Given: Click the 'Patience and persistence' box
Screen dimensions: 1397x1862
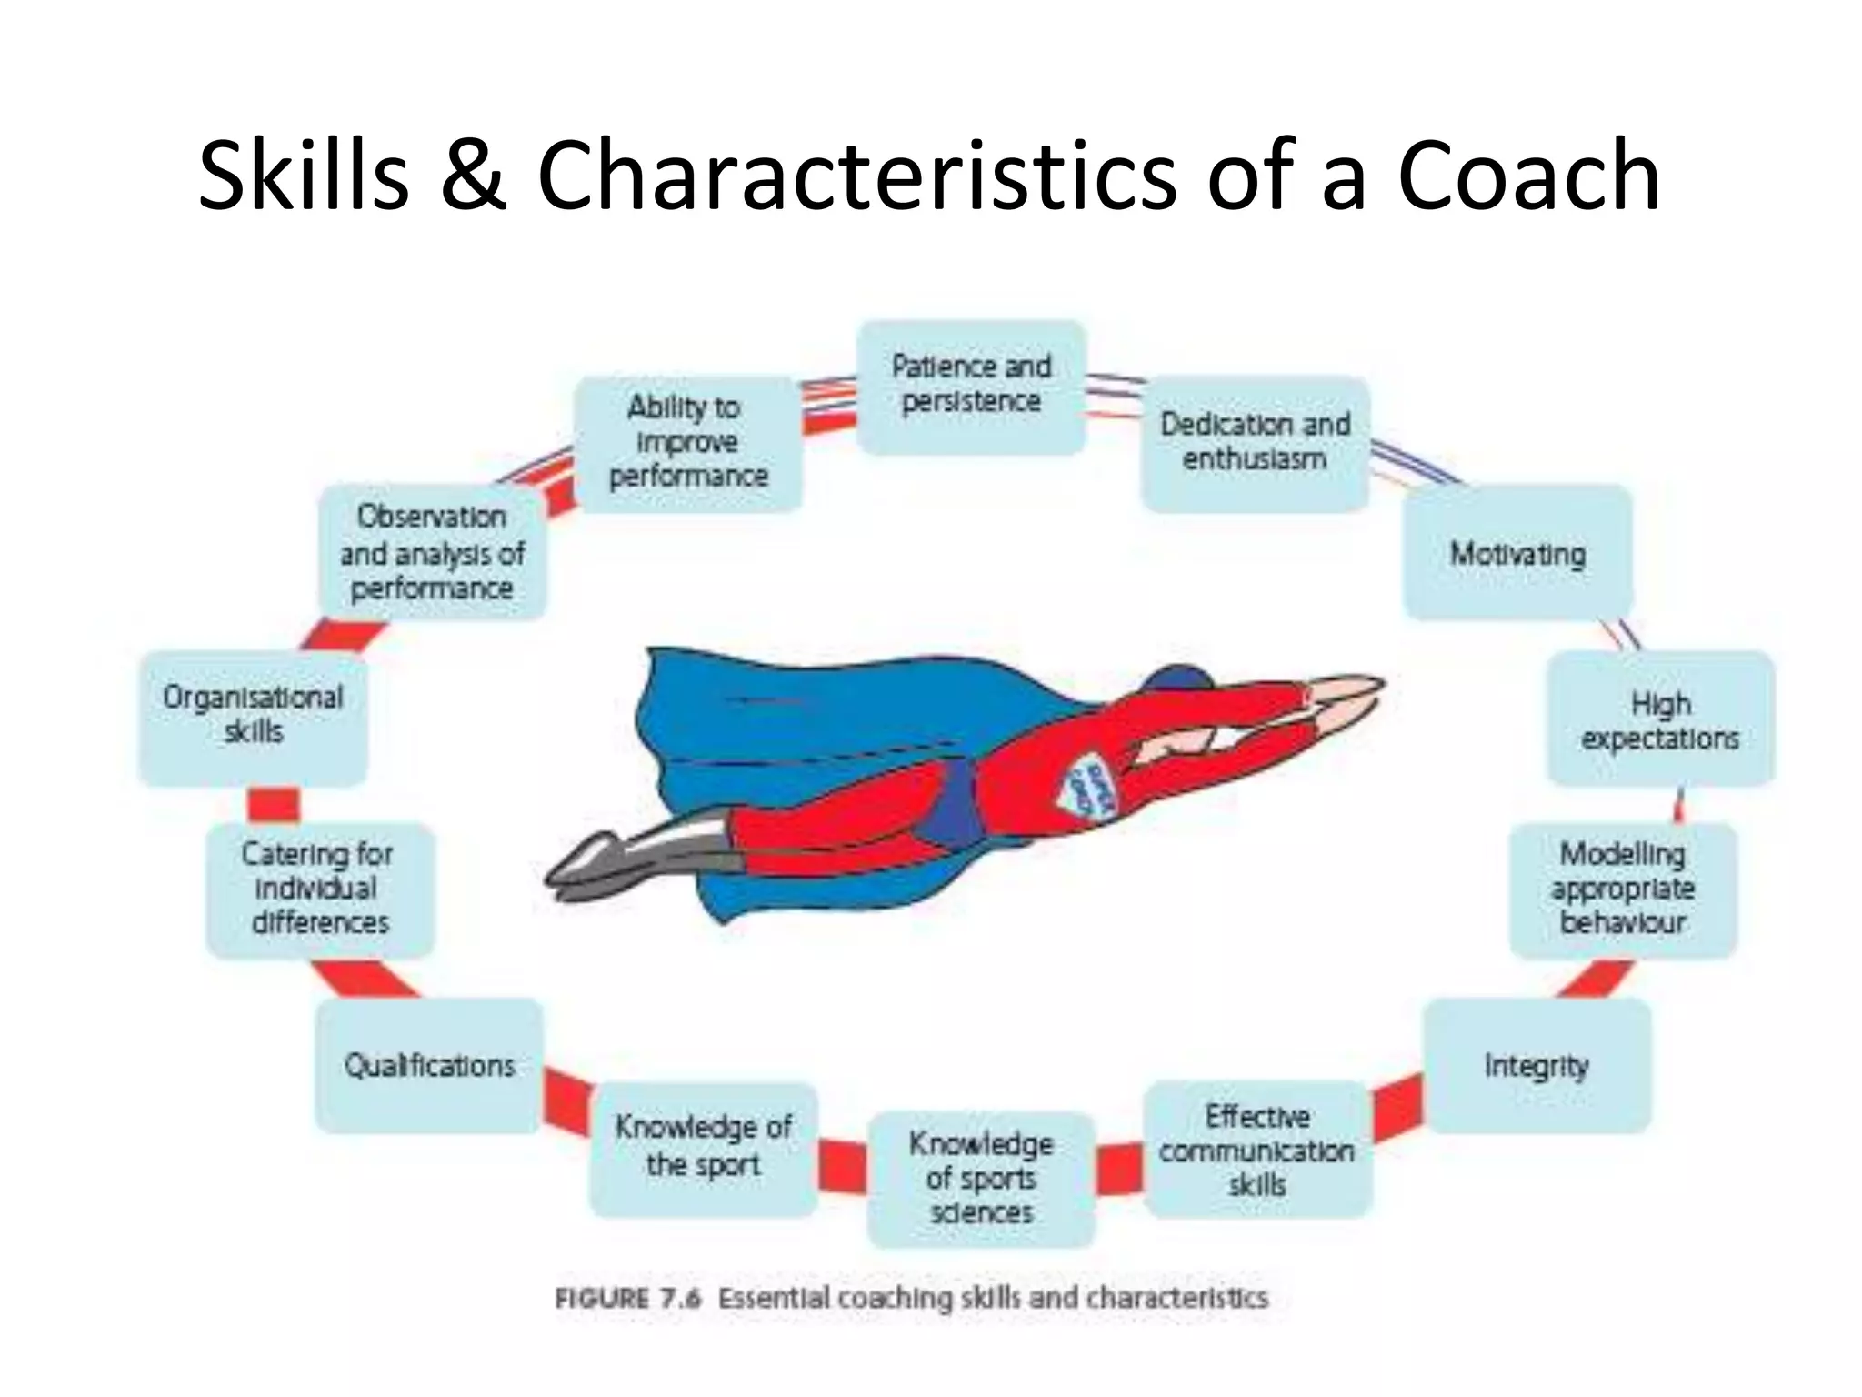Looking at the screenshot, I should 971,386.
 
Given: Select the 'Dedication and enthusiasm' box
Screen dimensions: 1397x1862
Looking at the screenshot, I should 1255,443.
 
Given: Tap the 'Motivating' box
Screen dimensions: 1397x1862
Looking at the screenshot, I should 1517,553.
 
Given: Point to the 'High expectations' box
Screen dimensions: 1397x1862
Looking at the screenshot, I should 1660,719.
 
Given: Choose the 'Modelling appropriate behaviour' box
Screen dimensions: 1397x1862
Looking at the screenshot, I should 1623,889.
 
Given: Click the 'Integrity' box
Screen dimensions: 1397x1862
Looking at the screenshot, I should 1537,1065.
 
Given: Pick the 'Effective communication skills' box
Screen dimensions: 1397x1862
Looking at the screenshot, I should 1256,1150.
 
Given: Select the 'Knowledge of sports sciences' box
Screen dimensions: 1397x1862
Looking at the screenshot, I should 980,1178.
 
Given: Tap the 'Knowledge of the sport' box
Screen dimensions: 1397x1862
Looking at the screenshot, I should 703,1148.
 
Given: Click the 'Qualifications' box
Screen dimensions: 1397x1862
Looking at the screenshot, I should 429,1065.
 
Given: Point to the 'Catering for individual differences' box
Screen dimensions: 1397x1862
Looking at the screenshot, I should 319,889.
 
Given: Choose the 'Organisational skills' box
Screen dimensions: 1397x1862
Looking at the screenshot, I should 253,717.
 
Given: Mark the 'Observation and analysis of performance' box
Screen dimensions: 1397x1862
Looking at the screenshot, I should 432,552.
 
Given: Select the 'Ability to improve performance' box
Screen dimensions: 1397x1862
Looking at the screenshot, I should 688,443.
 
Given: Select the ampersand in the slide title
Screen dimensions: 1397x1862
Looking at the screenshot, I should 473,176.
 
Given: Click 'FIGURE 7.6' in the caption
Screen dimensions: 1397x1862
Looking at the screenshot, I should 627,1298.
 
